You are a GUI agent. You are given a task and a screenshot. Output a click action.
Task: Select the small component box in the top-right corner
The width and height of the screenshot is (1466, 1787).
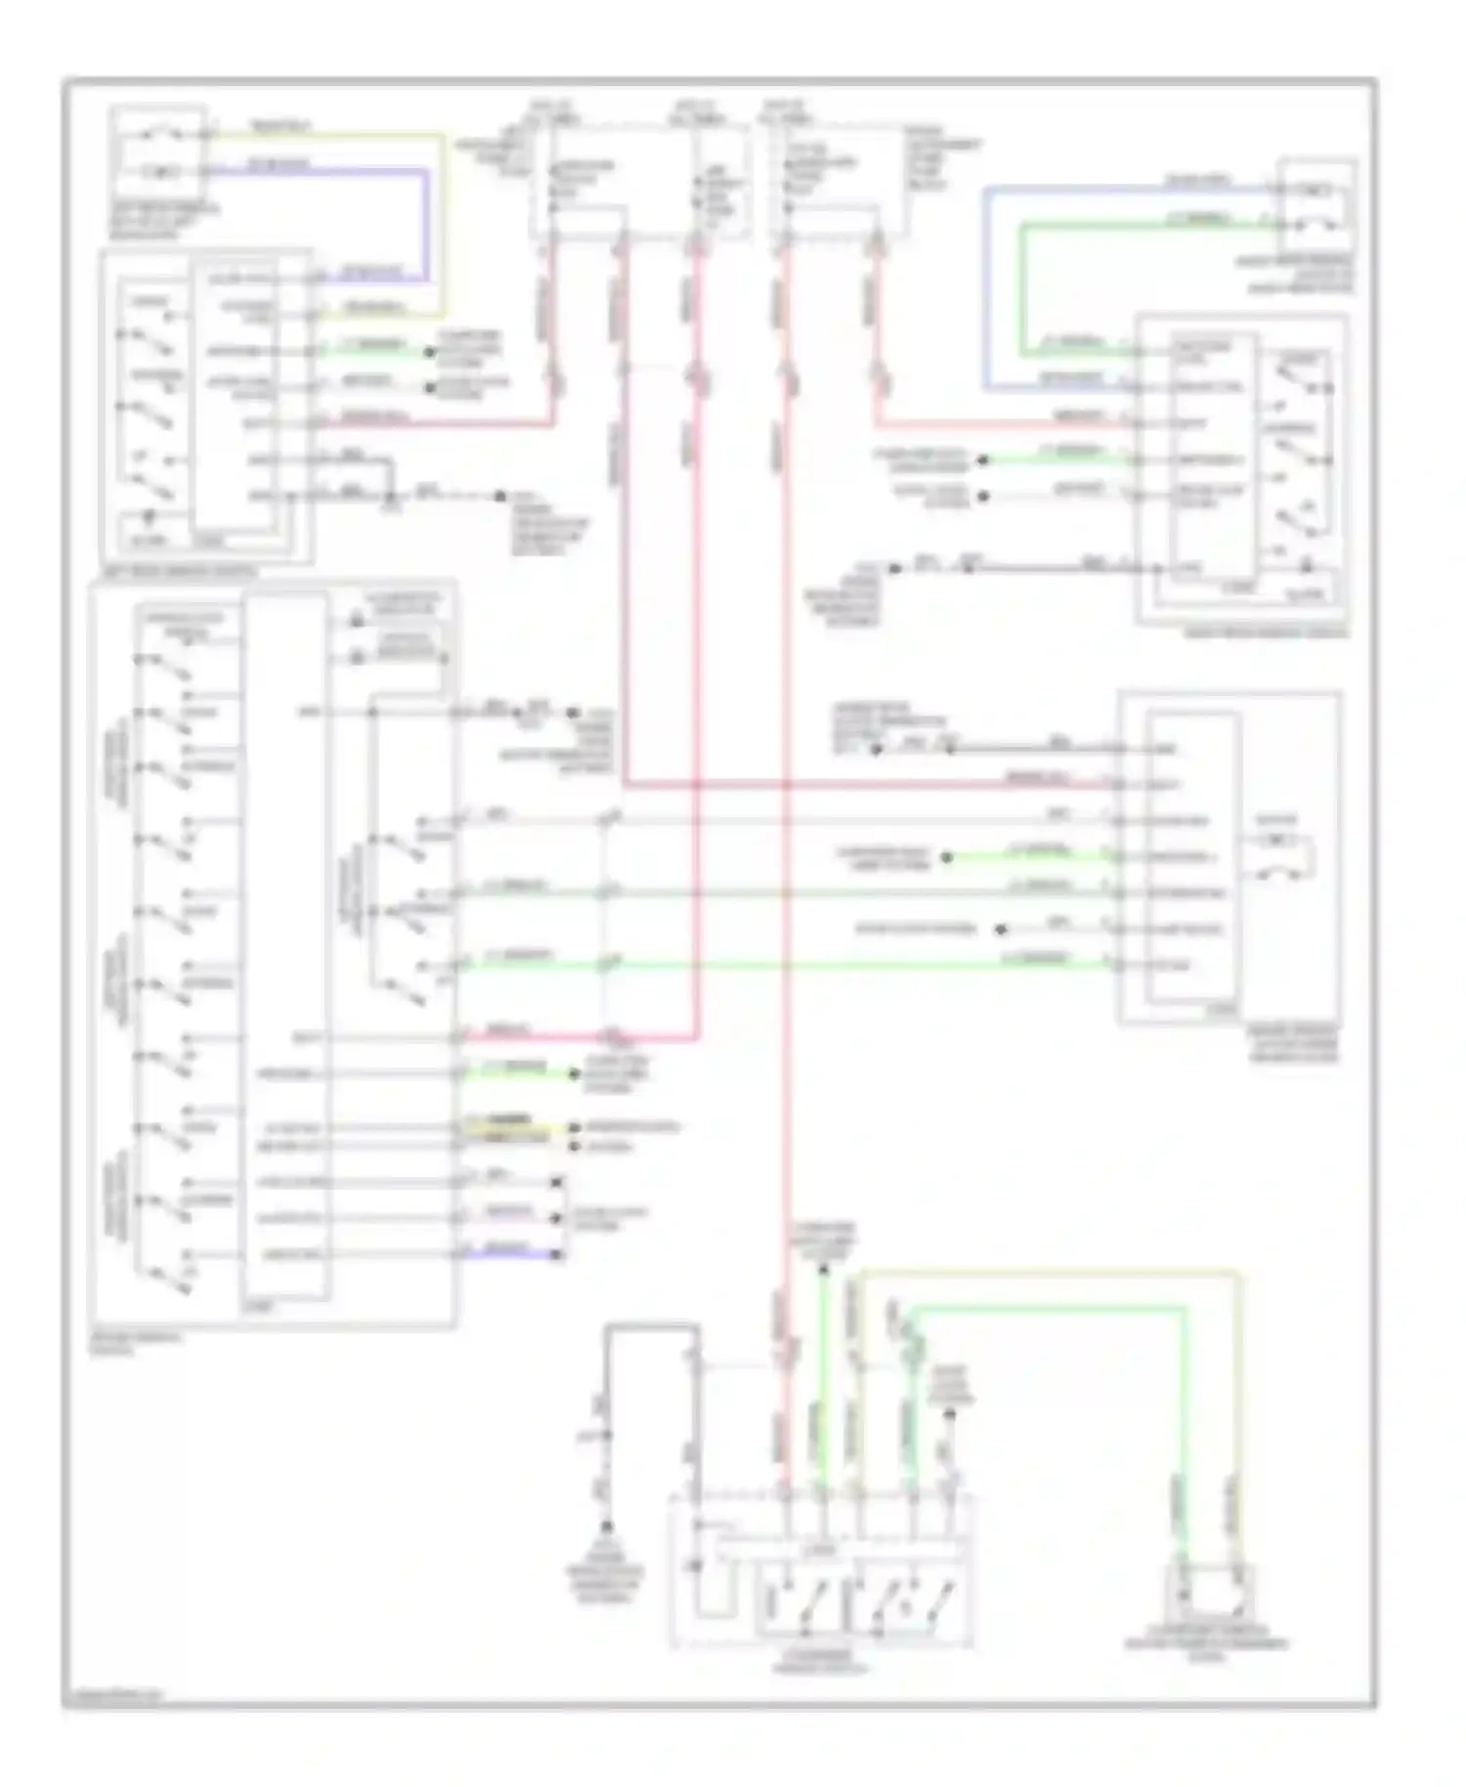coord(1315,206)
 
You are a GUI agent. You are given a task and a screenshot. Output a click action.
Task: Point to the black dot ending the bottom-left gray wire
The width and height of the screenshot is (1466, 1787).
coord(606,1526)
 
